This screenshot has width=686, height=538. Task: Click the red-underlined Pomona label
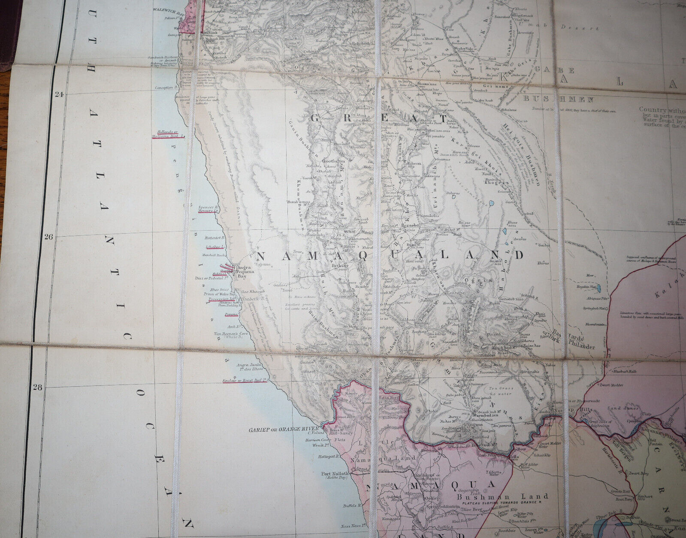pyautogui.click(x=232, y=315)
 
